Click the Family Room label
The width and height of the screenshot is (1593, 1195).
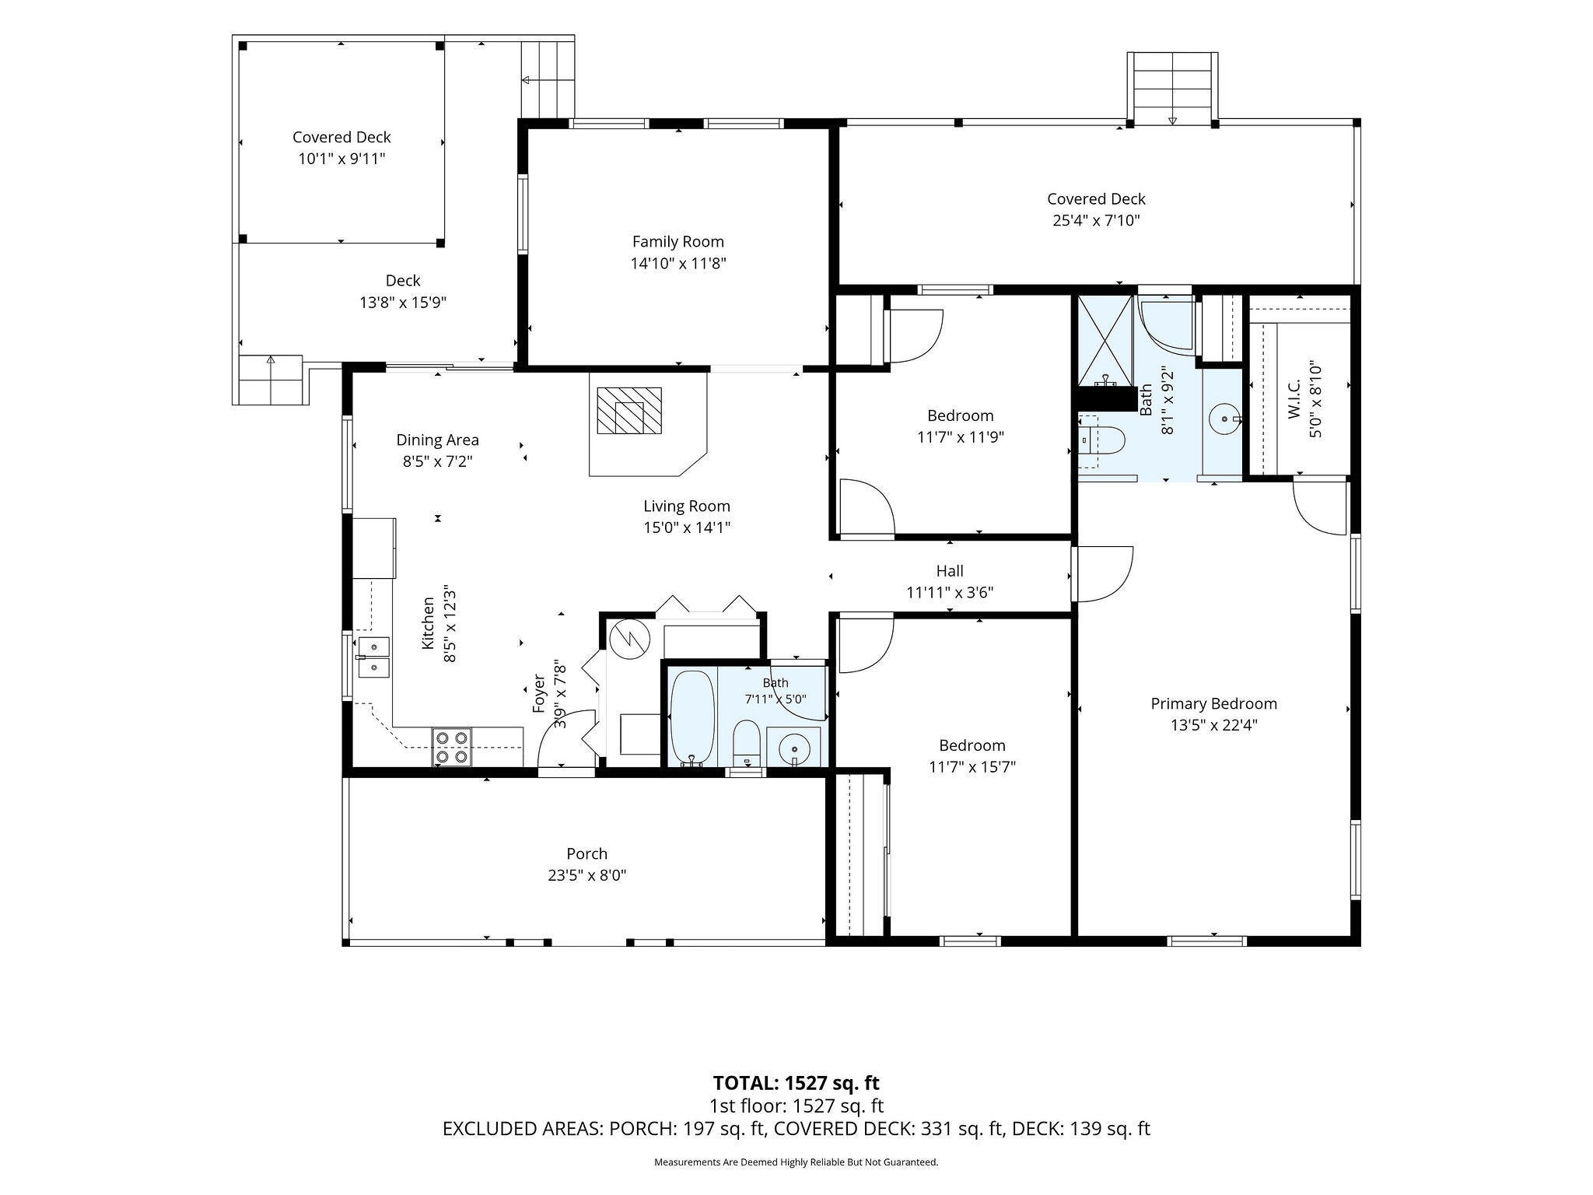tap(677, 242)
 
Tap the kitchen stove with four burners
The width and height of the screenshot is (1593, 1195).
tap(452, 746)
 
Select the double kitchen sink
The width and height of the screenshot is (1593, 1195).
tap(373, 657)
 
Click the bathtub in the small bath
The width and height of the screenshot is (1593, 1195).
tap(692, 717)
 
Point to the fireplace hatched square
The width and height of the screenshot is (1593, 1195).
tap(629, 410)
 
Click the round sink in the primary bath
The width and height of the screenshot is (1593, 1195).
tap(1225, 419)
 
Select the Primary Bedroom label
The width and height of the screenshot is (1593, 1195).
tap(1213, 704)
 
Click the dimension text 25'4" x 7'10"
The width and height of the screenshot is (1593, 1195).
tap(1096, 220)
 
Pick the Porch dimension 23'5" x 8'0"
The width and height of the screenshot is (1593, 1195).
tap(586, 875)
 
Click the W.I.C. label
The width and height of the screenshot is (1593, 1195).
tap(1294, 400)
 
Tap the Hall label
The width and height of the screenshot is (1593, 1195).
tap(950, 571)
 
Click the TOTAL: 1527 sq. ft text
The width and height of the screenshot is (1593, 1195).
tap(796, 1083)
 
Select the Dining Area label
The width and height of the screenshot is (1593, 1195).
tap(437, 440)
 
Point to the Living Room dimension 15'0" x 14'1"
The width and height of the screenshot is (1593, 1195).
tap(686, 527)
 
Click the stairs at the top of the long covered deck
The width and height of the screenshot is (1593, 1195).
tap(1173, 87)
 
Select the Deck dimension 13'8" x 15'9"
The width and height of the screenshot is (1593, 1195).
tap(403, 302)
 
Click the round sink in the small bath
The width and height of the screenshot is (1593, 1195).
tap(793, 747)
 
